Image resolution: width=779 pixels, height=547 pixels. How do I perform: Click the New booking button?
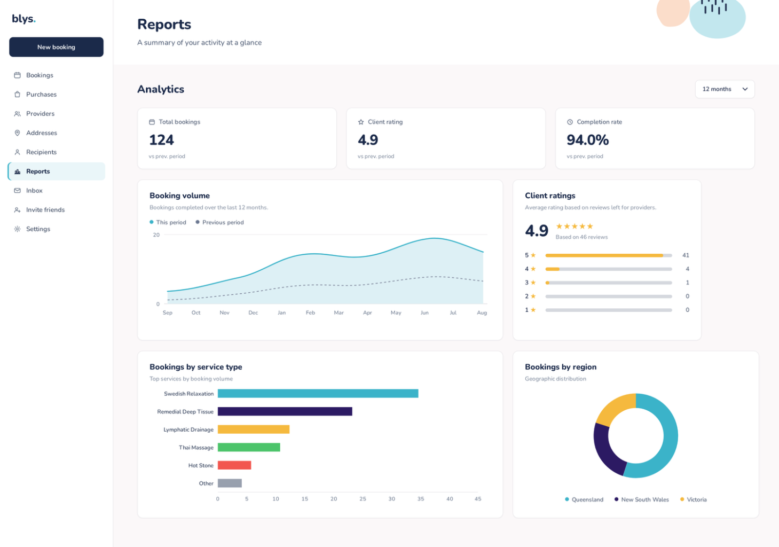click(56, 47)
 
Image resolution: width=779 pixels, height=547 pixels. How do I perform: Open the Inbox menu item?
click(34, 190)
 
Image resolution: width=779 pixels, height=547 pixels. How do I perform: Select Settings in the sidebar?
click(38, 229)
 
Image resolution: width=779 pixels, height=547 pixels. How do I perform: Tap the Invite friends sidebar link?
click(45, 210)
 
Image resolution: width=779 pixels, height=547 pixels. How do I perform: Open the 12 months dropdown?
click(725, 89)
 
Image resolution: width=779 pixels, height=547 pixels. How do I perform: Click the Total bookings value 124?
click(161, 140)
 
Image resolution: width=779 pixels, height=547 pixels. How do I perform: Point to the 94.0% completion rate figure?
click(588, 140)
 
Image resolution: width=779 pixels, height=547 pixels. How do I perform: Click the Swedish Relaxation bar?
click(318, 394)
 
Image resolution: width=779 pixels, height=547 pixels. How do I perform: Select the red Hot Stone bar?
click(234, 465)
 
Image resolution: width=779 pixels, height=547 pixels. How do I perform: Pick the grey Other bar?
click(230, 483)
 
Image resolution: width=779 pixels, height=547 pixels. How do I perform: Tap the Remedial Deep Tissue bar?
click(285, 411)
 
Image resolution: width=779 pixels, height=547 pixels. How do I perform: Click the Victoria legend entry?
click(694, 499)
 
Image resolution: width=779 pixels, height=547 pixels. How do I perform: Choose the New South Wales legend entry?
click(642, 499)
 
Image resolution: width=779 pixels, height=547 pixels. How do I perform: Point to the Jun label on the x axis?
click(424, 312)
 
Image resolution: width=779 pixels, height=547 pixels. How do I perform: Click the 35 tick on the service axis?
click(421, 498)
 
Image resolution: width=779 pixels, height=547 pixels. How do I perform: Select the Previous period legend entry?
click(219, 222)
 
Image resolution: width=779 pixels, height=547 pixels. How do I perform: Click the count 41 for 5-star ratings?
click(686, 255)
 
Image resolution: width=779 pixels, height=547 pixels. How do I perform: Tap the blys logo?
click(23, 19)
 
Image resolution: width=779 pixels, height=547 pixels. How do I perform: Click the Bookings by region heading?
click(561, 367)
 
